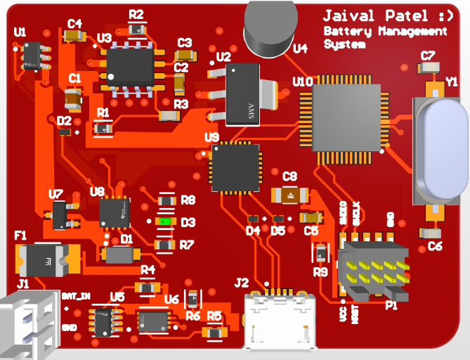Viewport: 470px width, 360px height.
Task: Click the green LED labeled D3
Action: [165, 221]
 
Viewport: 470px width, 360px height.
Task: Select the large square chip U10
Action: [346, 117]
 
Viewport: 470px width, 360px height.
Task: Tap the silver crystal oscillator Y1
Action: [440, 149]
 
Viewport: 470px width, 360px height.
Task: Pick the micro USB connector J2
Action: [280, 321]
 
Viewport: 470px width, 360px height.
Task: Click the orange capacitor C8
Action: [289, 194]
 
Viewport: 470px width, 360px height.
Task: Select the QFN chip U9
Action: [235, 167]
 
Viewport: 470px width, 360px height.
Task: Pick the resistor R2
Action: [137, 29]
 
